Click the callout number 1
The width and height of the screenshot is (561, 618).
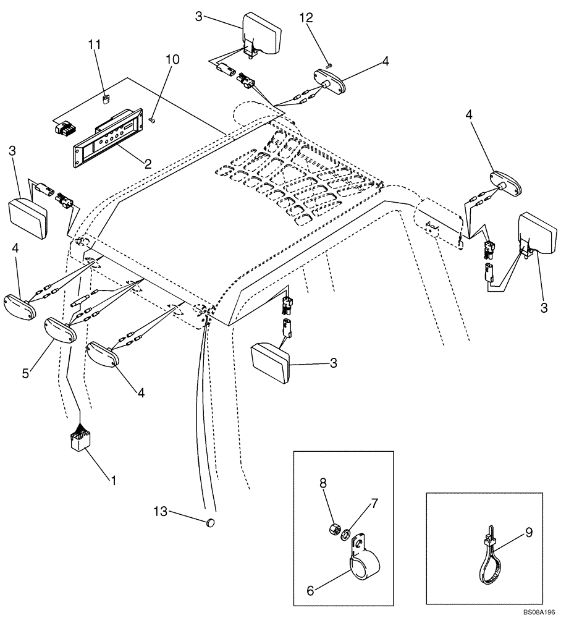click(112, 479)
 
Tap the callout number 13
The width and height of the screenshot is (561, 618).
click(159, 510)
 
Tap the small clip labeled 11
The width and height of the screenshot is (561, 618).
click(106, 97)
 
